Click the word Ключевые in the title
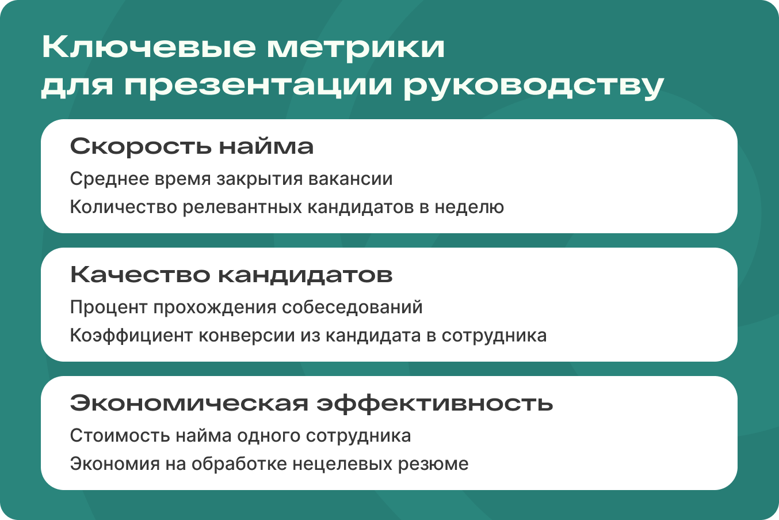(149, 47)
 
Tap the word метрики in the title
(356, 48)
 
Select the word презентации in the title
(258, 86)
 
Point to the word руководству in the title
(534, 86)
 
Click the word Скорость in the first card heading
(141, 146)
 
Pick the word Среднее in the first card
(109, 179)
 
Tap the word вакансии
(350, 179)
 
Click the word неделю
(469, 207)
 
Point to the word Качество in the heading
(140, 275)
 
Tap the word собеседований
(352, 306)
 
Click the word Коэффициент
(131, 336)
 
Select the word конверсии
(247, 336)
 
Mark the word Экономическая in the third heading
(189, 403)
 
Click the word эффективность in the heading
(435, 404)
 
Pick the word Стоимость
(120, 436)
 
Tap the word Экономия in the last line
(114, 464)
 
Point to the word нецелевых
(342, 464)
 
